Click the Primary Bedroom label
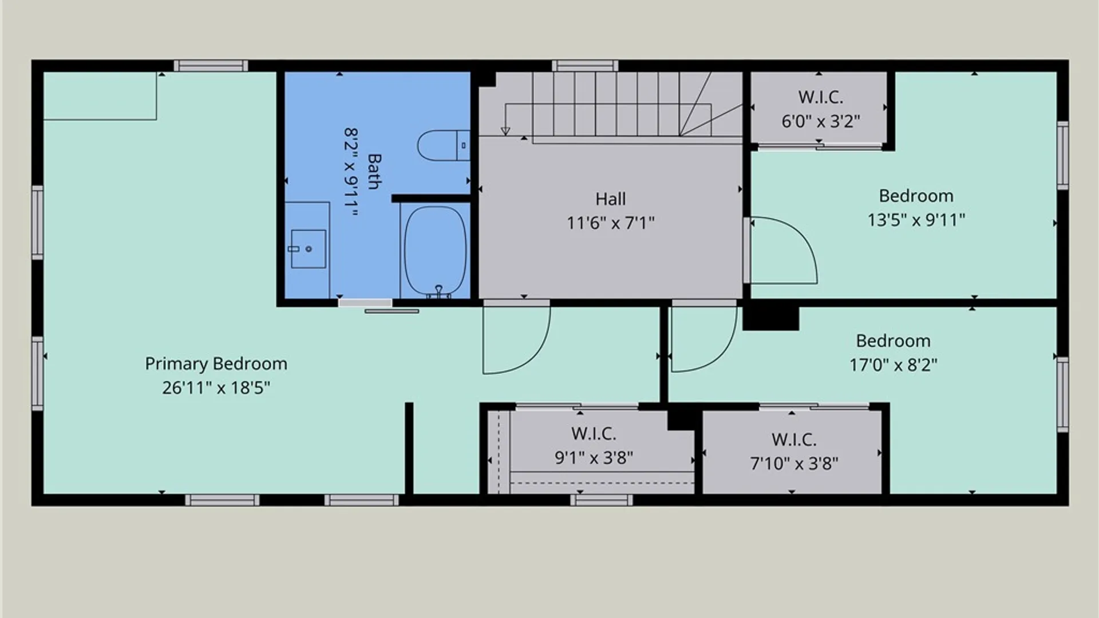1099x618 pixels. (216, 364)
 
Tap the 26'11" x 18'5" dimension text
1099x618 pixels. (216, 388)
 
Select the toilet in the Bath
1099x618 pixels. (444, 145)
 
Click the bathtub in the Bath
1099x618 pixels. (435, 251)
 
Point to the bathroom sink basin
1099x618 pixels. (309, 249)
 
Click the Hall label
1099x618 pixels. (610, 199)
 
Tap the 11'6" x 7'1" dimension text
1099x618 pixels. (610, 223)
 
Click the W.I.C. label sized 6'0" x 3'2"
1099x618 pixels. (821, 97)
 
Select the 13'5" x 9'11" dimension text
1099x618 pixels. (916, 220)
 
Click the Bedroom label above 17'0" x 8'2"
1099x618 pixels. (893, 341)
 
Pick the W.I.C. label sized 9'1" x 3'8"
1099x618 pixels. (594, 434)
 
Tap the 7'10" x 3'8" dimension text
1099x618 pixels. (794, 463)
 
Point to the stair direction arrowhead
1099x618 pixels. (505, 131)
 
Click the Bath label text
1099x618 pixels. (374, 171)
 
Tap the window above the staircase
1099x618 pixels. (585, 65)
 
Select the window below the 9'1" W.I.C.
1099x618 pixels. (602, 500)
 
